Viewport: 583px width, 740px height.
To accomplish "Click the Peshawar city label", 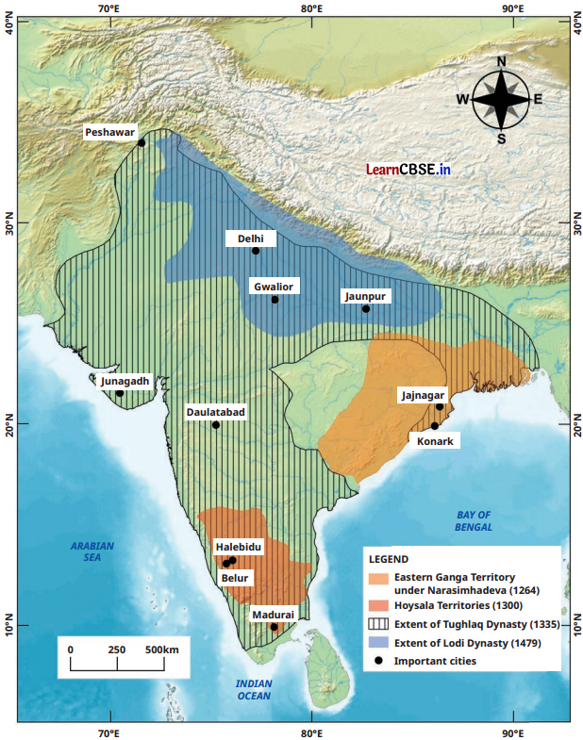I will tap(110, 133).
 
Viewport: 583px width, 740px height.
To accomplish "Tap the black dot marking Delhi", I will tap(256, 251).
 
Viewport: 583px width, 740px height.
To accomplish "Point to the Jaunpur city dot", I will tap(366, 308).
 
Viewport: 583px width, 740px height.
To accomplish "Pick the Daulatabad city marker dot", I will tap(216, 425).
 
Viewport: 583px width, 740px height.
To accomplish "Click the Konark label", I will tap(434, 440).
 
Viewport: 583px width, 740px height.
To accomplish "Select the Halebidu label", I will tap(239, 547).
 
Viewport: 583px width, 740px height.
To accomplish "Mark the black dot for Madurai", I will tap(274, 627).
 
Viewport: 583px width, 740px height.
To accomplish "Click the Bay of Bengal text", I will tap(474, 520).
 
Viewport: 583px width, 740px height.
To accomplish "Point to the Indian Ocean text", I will tap(253, 688).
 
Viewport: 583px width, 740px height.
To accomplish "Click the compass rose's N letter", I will tap(501, 62).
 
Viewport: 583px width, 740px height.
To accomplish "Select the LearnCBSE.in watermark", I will tap(408, 170).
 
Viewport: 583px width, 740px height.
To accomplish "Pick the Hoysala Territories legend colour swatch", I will tap(378, 605).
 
